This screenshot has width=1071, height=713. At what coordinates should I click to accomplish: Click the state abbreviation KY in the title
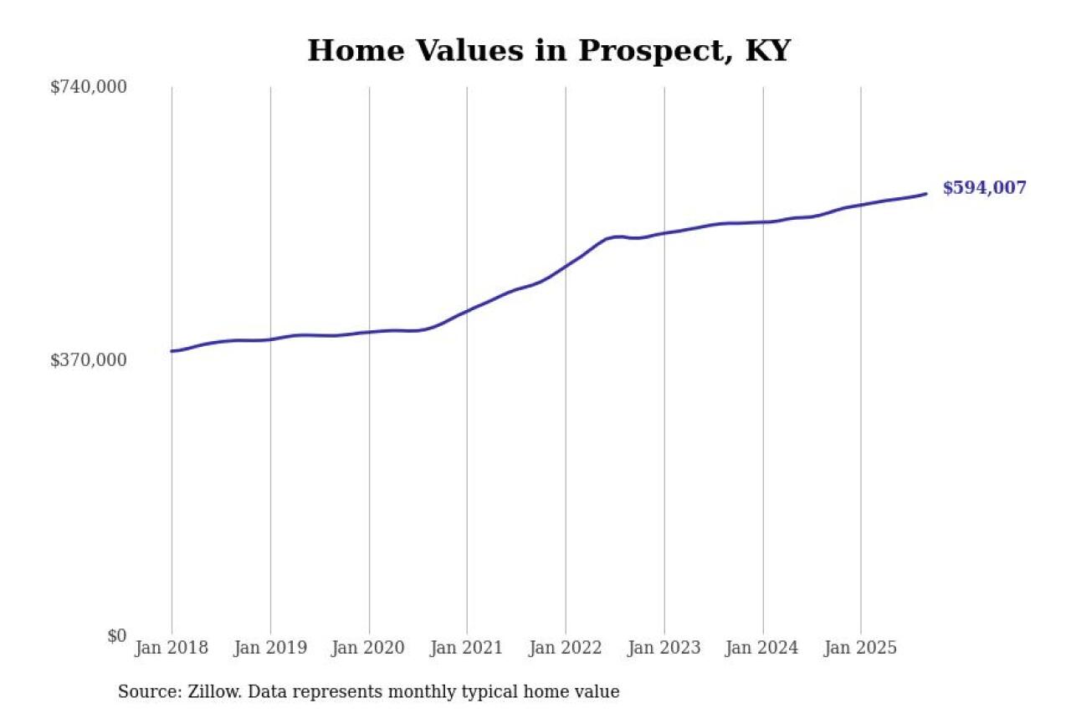[766, 51]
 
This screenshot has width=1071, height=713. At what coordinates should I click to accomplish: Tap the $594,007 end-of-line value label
[984, 188]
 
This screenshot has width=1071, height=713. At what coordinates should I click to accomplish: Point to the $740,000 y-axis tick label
[89, 87]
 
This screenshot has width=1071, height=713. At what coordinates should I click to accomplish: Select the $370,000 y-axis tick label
[89, 360]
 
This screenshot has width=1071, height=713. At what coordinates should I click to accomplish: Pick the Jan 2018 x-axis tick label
[172, 649]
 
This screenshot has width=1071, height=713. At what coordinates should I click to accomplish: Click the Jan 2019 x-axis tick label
[270, 649]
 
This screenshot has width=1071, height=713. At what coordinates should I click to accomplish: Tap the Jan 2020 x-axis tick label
[369, 649]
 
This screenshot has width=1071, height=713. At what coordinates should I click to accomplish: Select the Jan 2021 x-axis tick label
[467, 649]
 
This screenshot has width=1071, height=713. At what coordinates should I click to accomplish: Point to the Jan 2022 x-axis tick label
[566, 649]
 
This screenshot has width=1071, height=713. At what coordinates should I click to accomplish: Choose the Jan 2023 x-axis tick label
[664, 649]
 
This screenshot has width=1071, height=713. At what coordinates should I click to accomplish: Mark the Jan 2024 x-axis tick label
[762, 649]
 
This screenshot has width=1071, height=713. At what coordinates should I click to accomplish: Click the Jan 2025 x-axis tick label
[861, 649]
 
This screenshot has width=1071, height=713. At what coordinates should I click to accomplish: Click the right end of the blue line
[925, 194]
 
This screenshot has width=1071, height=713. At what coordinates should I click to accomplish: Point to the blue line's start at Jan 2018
[172, 351]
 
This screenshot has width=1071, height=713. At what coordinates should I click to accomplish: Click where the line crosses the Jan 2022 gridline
[566, 267]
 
